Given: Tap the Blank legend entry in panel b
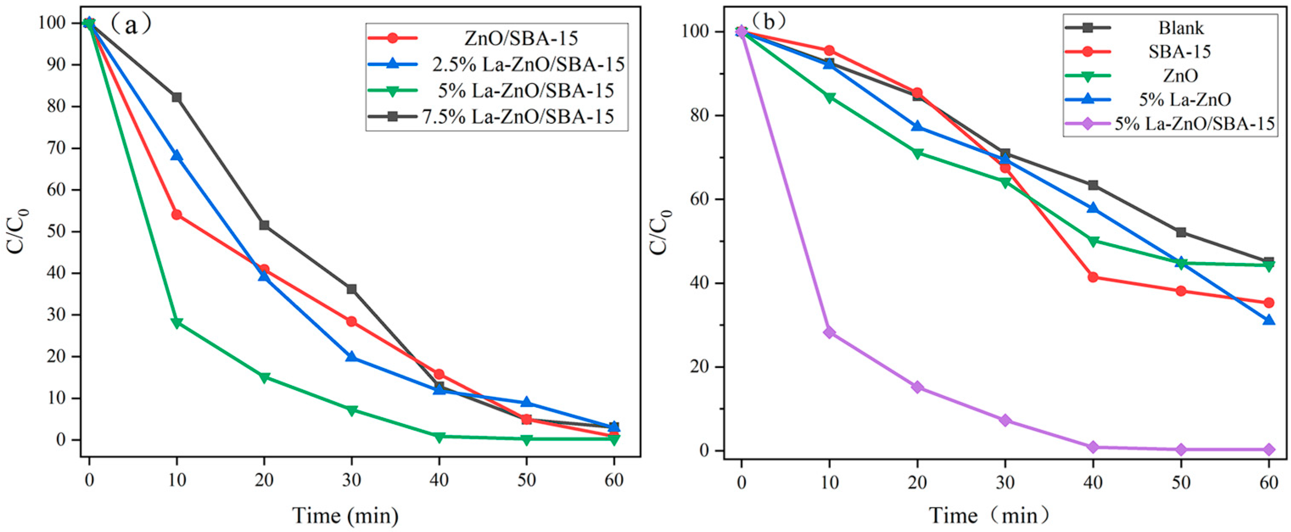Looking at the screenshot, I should pyautogui.click(x=1181, y=28).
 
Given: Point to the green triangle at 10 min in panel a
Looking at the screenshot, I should pyautogui.click(x=176, y=323).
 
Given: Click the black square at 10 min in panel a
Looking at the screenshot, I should pyautogui.click(x=176, y=97).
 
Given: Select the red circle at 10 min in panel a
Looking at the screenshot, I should pyautogui.click(x=176, y=215).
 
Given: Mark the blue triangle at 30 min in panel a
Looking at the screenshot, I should pyautogui.click(x=351, y=357).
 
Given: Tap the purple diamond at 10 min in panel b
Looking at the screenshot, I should pyautogui.click(x=830, y=332).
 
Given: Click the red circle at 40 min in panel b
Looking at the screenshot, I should pyautogui.click(x=1093, y=277).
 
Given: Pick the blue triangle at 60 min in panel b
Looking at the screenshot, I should pyautogui.click(x=1269, y=320).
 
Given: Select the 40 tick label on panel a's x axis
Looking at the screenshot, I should pyautogui.click(x=439, y=480).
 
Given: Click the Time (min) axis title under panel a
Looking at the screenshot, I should pyautogui.click(x=346, y=515).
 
